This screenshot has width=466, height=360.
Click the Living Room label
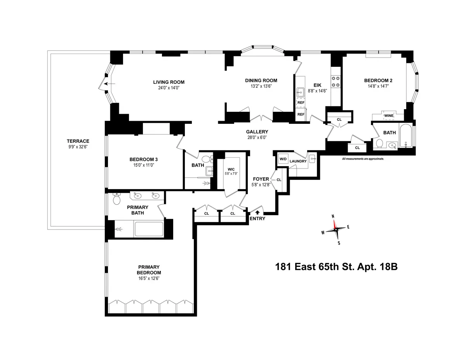[x=169, y=82]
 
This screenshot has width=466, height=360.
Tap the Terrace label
[x=78, y=141]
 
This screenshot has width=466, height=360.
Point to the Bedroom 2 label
[x=378, y=80]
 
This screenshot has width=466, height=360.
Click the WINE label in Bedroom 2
[x=389, y=116]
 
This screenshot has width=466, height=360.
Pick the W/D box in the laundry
[x=282, y=159]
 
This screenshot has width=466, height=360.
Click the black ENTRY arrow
[x=257, y=212]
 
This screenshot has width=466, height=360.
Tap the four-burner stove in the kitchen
[x=336, y=82]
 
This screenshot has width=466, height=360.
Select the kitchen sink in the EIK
[x=300, y=92]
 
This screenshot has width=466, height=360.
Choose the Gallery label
[x=257, y=132]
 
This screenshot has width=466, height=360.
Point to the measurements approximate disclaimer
[x=363, y=159]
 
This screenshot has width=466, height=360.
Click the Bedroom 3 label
[x=143, y=159]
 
